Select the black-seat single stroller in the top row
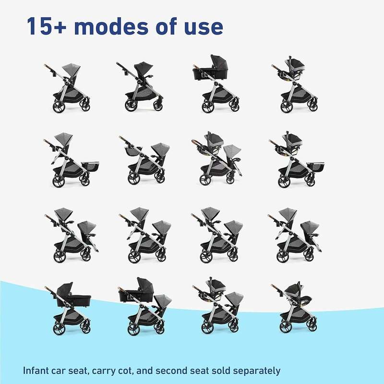coord(140,86)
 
